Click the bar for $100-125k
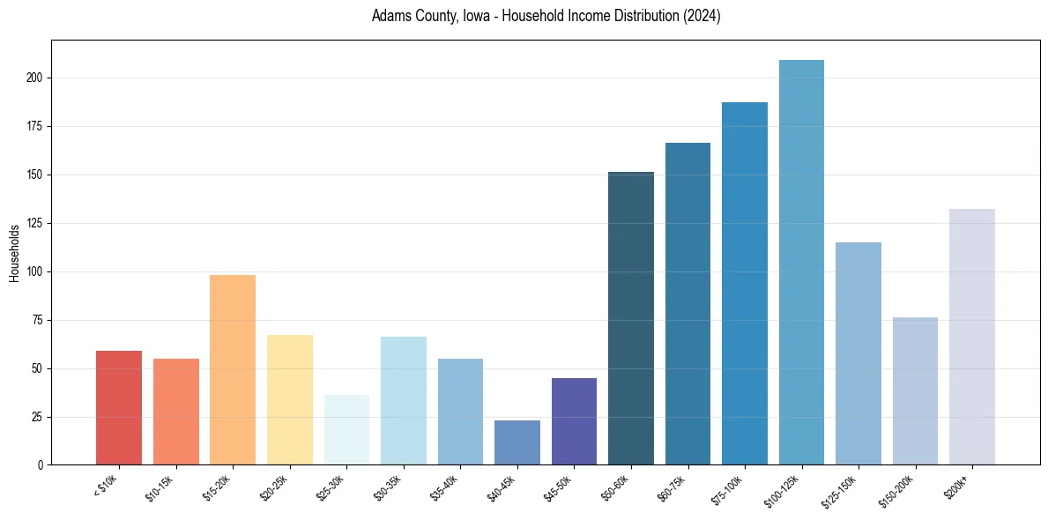click(x=801, y=263)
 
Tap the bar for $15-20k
click(x=233, y=370)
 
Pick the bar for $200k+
click(x=972, y=337)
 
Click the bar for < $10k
click(x=119, y=408)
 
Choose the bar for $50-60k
click(x=631, y=318)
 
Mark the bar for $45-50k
click(x=574, y=421)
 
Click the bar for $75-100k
click(x=745, y=284)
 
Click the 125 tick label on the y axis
click(x=35, y=223)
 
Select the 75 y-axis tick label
click(x=38, y=320)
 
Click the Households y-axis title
click(x=14, y=252)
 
